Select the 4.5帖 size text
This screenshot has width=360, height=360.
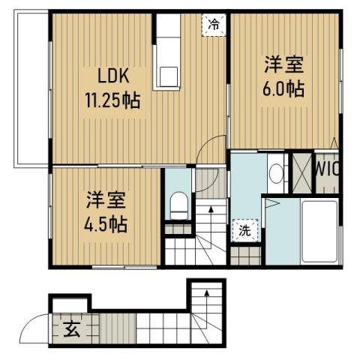(x=105, y=224)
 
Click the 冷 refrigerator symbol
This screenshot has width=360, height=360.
(x=214, y=24)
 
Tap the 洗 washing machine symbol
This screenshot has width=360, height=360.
(x=245, y=231)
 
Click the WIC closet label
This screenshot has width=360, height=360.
(x=327, y=169)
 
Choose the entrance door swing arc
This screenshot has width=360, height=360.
(x=36, y=328)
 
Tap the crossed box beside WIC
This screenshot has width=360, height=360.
(x=301, y=170)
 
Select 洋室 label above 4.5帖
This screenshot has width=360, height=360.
(x=105, y=200)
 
